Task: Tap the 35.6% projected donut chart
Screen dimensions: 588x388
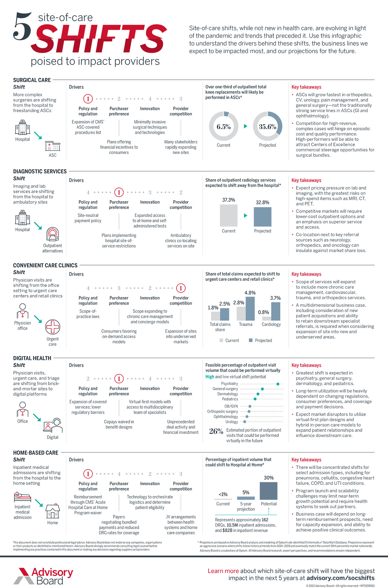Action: (x=267, y=126)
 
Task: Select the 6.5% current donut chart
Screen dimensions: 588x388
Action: (x=223, y=126)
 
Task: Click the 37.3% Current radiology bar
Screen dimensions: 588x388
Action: (x=229, y=215)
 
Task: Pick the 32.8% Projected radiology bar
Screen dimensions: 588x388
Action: (x=263, y=217)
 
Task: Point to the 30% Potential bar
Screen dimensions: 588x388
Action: (x=269, y=491)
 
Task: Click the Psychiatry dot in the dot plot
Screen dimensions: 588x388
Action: (x=278, y=384)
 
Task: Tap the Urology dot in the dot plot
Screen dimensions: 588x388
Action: (x=245, y=422)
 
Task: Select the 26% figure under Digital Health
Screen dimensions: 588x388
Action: (x=216, y=431)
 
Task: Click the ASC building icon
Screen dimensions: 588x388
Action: (x=53, y=146)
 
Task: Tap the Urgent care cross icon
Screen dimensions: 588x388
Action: (x=53, y=327)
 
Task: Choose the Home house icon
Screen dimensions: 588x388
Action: (x=53, y=511)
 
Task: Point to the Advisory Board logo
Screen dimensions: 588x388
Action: (x=43, y=576)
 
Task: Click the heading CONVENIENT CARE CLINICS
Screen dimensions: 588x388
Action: (x=45, y=265)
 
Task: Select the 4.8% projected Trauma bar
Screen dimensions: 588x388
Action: (x=250, y=308)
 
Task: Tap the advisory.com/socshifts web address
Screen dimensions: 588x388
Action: (x=340, y=578)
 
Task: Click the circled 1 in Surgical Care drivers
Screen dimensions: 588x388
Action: (x=88, y=99)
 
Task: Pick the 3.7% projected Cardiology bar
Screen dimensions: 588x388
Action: (x=275, y=311)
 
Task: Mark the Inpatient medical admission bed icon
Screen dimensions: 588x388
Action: (x=22, y=497)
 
